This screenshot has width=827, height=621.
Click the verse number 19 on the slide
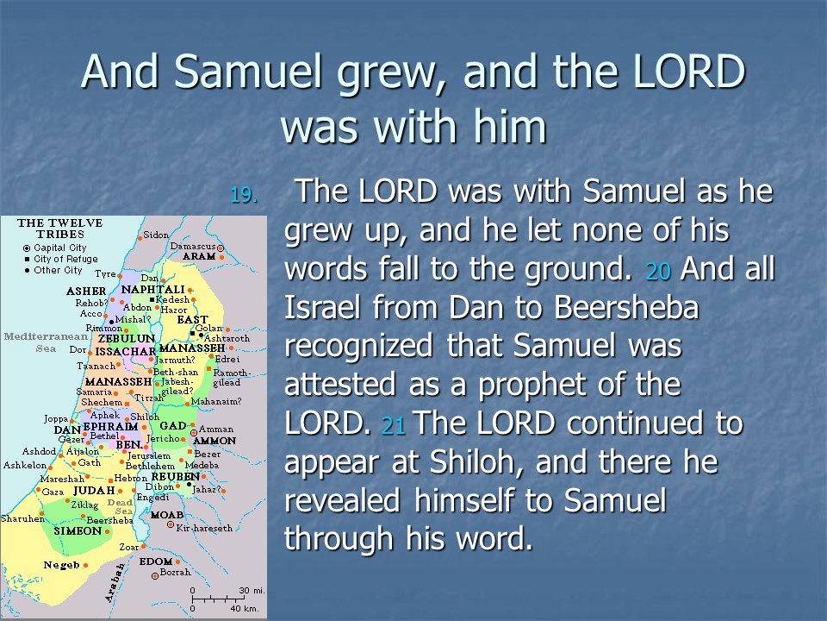point(244,196)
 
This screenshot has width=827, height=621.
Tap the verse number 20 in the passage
point(658,271)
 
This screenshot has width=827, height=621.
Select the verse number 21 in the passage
point(393,425)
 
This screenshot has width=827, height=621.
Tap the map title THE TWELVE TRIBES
point(59,228)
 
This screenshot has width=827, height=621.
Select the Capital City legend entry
point(55,248)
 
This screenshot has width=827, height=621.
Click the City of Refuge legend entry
point(60,259)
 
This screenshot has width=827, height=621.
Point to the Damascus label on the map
point(192,246)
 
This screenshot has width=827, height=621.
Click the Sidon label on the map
point(156,235)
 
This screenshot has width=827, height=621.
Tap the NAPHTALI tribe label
point(153,290)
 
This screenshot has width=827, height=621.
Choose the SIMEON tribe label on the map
point(78,530)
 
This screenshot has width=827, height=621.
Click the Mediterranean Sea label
point(46,342)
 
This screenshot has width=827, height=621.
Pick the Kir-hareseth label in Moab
point(204,528)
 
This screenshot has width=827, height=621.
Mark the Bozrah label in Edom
point(175,573)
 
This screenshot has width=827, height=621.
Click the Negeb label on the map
point(62,565)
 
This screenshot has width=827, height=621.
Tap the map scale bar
point(217,600)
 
